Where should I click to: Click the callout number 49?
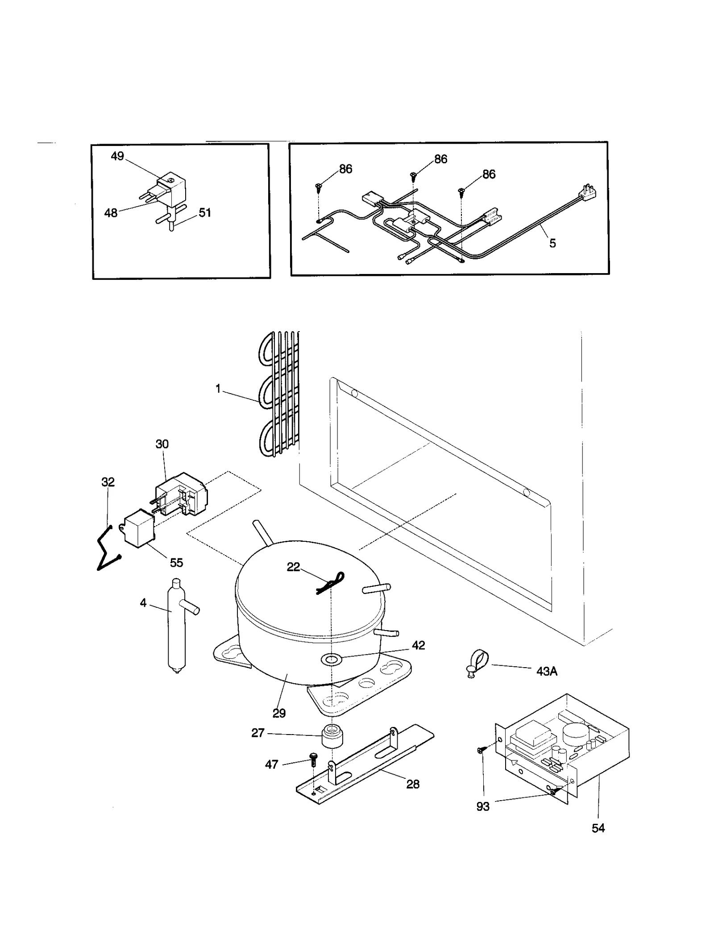(x=117, y=156)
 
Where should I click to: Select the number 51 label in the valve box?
(x=205, y=213)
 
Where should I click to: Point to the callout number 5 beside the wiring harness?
(x=552, y=243)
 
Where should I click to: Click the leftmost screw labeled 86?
(x=318, y=187)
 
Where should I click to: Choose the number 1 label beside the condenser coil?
(x=218, y=389)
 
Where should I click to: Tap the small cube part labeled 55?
(x=138, y=529)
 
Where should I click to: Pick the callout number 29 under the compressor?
(x=279, y=713)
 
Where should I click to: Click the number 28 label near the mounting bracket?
(x=413, y=784)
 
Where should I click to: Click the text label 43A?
(x=547, y=671)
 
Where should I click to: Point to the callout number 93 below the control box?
(x=483, y=807)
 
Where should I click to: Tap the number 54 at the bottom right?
(x=598, y=828)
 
